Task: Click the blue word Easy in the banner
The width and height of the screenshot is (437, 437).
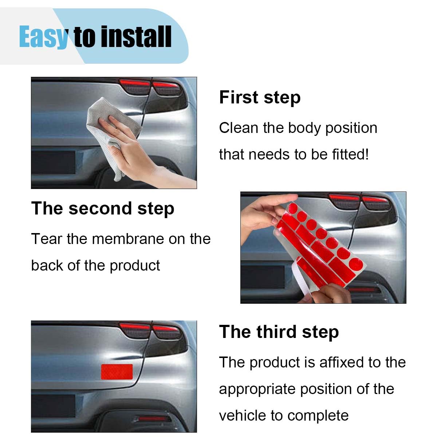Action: click(43, 37)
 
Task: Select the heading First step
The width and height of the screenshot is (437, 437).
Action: click(260, 98)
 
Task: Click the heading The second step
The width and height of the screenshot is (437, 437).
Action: click(103, 209)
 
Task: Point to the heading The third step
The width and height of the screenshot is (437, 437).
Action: click(279, 332)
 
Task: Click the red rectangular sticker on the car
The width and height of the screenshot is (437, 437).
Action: click(117, 371)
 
